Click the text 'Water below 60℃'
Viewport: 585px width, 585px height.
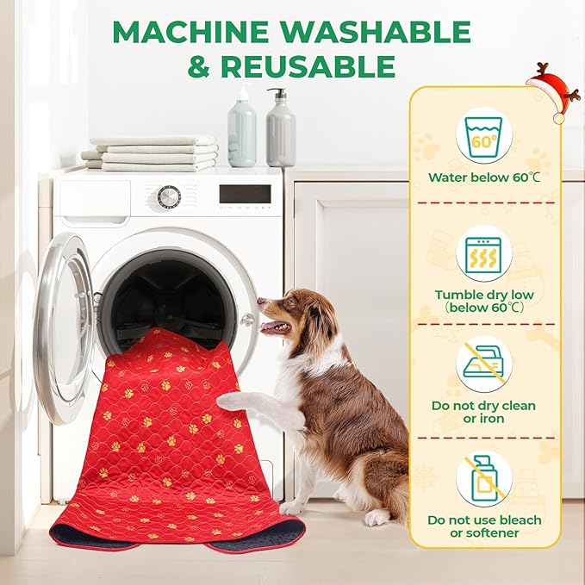click(x=483, y=179)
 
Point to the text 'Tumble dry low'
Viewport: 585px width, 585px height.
click(x=483, y=295)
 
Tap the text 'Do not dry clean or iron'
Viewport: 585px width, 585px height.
click(x=483, y=412)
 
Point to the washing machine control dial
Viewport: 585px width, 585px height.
click(x=169, y=196)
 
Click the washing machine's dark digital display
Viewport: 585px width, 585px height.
click(x=245, y=194)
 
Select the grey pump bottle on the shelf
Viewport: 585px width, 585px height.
click(x=280, y=129)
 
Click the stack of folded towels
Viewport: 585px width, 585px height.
click(x=152, y=152)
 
